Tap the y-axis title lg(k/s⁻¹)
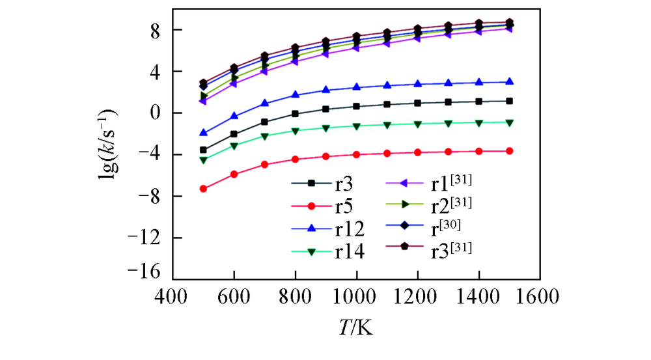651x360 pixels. coord(109,139)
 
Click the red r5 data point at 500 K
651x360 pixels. coord(203,189)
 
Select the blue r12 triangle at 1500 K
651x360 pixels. coord(509,82)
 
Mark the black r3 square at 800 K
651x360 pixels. coord(295,114)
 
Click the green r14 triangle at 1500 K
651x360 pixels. coord(509,122)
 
